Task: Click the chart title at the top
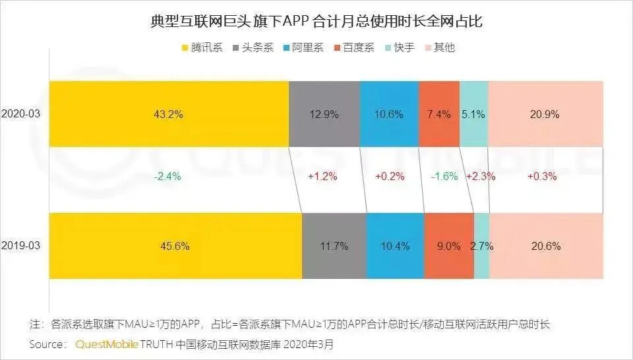pyautogui.click(x=316, y=22)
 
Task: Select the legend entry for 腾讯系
pyautogui.click(x=201, y=47)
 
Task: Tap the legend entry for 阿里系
pyautogui.click(x=302, y=47)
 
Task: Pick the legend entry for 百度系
pyautogui.click(x=353, y=47)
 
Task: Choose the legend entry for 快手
pyautogui.click(x=399, y=47)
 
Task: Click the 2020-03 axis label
pyautogui.click(x=21, y=114)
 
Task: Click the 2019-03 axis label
pyautogui.click(x=21, y=246)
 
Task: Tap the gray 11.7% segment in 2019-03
pyautogui.click(x=334, y=246)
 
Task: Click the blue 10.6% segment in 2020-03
pyautogui.click(x=389, y=114)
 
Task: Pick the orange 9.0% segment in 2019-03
pyautogui.click(x=449, y=246)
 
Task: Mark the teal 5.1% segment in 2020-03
pyautogui.click(x=473, y=114)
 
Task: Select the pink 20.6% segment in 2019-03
pyautogui.click(x=545, y=246)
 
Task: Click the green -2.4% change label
pyautogui.click(x=167, y=177)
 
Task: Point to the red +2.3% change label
pyautogui.click(x=481, y=177)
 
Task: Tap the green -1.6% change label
pyautogui.click(x=444, y=177)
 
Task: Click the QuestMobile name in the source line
pyautogui.click(x=105, y=345)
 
